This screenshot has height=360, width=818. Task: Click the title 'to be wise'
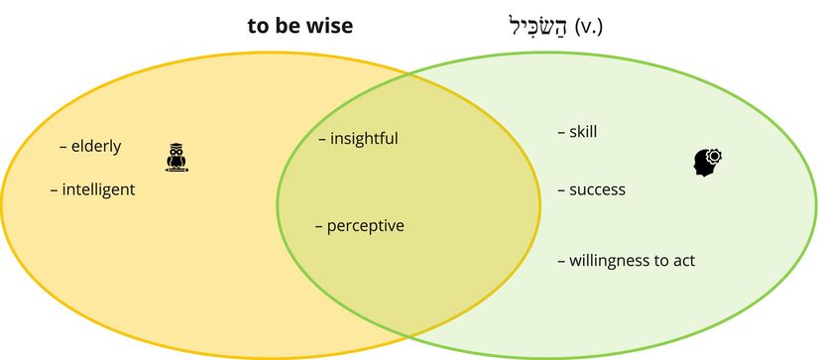point(299,26)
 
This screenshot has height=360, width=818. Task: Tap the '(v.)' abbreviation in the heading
point(588,27)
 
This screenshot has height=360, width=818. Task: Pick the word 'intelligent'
point(98,189)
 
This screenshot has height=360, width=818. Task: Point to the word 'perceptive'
point(365,226)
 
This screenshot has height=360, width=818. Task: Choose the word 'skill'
point(583,132)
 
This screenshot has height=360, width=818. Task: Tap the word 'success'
point(597,189)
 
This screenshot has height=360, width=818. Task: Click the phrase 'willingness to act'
point(632,261)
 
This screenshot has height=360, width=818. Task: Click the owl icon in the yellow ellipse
point(176,159)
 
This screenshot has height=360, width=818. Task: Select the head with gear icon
point(708,162)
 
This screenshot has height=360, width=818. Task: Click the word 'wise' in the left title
point(329,26)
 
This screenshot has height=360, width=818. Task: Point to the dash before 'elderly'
point(63,148)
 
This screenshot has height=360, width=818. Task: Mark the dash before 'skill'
point(561,132)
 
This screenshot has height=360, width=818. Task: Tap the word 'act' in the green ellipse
point(683,261)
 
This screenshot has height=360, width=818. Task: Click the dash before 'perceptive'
point(319,227)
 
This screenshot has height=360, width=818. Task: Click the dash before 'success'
point(561,190)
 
